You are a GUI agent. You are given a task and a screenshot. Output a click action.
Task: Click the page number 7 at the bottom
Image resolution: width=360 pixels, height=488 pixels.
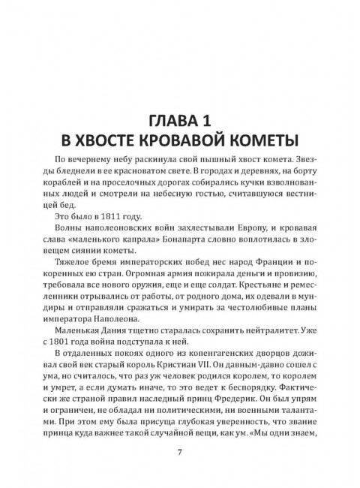[x=180, y=452]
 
